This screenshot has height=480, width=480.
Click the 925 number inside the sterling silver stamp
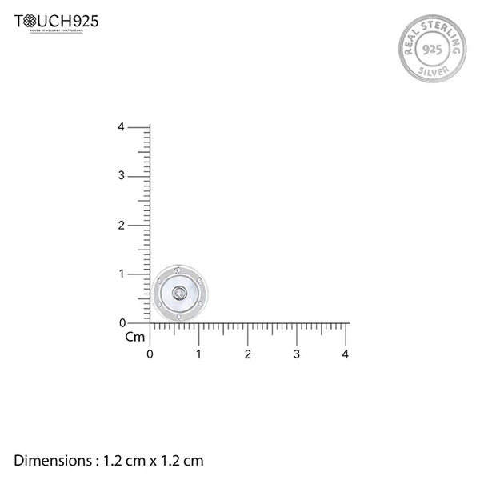431,49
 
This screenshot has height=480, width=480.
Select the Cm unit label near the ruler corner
135,337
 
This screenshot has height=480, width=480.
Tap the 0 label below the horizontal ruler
150,354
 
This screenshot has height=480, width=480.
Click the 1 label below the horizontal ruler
199,354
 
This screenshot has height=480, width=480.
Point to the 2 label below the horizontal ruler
248,354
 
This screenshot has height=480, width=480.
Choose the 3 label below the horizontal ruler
297,354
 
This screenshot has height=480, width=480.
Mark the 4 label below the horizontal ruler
346,354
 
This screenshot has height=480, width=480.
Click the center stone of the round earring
180,293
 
